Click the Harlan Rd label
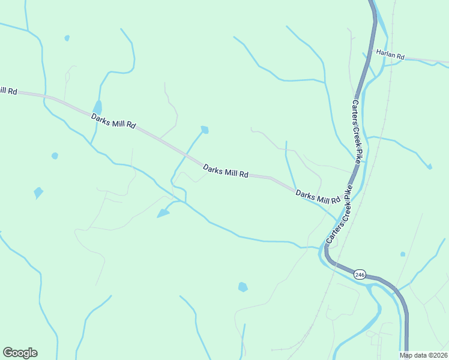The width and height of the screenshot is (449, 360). click(x=391, y=54)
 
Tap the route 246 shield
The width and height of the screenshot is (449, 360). click(x=360, y=274)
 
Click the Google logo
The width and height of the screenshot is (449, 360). click(x=20, y=353)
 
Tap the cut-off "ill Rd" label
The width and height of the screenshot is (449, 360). click(x=8, y=91)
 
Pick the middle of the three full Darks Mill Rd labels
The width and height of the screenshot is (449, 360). click(x=226, y=172)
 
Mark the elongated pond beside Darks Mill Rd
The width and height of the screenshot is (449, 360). click(x=97, y=107)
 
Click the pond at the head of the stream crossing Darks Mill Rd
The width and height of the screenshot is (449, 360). click(x=205, y=130)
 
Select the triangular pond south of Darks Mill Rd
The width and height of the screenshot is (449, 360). click(x=163, y=213)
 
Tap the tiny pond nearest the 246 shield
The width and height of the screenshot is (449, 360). click(x=402, y=254)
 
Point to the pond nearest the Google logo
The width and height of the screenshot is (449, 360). click(x=38, y=193)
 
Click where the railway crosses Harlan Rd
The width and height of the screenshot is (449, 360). click(x=393, y=58)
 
